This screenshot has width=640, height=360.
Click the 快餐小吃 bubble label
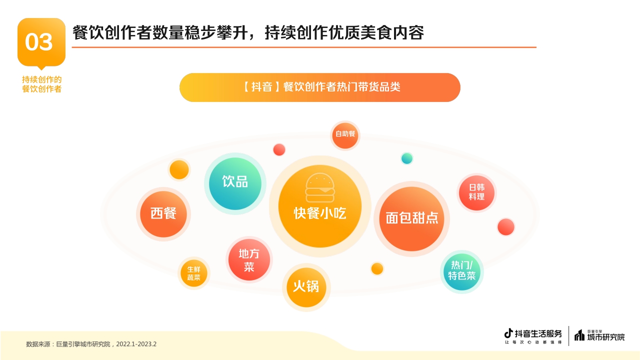point(319,213)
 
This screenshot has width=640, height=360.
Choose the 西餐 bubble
point(163,213)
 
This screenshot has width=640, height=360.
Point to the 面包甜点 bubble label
point(412,218)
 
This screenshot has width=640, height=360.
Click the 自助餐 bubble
point(345,134)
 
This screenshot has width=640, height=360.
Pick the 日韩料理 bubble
point(476,192)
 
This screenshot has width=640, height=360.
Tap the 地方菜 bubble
point(249,259)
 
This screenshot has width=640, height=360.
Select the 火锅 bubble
point(306,286)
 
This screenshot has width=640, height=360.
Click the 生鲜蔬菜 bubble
point(193,273)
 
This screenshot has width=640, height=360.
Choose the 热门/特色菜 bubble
point(461,270)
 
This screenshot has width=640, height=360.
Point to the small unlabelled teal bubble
point(407,158)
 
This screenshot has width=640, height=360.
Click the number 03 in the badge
point(39,42)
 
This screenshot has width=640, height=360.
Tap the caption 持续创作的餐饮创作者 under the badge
point(41,84)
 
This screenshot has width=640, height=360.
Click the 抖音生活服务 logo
point(533,335)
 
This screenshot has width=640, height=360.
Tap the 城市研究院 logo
point(599,336)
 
